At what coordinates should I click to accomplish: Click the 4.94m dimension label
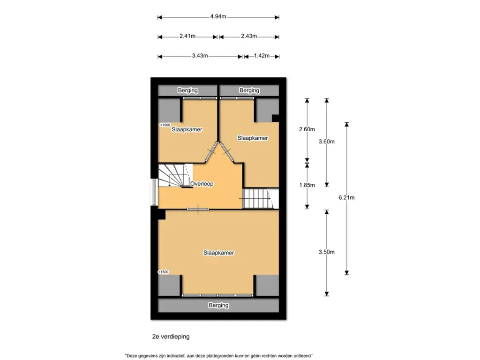point(218,16)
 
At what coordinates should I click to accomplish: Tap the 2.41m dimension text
point(187,36)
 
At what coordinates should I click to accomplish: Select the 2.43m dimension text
point(249,36)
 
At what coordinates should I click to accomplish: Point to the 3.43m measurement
point(200,56)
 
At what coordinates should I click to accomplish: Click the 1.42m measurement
point(262,56)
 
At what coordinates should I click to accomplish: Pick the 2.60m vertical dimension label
point(307,129)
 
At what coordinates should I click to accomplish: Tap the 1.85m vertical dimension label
point(307,185)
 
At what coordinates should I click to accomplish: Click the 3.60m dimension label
point(327,142)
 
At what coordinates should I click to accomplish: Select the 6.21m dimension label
point(346,198)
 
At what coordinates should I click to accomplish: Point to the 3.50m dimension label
point(327,252)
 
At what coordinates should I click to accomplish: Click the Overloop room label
point(202,184)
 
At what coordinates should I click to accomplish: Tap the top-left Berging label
point(187,90)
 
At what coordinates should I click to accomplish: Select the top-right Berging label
point(249,90)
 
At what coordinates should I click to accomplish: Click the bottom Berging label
point(218,305)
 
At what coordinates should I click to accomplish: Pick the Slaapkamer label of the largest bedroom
point(218,253)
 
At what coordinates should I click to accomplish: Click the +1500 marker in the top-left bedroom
point(165,125)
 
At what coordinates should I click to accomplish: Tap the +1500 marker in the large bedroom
point(163,272)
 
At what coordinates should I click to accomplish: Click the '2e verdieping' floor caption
point(171,337)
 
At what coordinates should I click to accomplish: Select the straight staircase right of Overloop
point(261,199)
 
